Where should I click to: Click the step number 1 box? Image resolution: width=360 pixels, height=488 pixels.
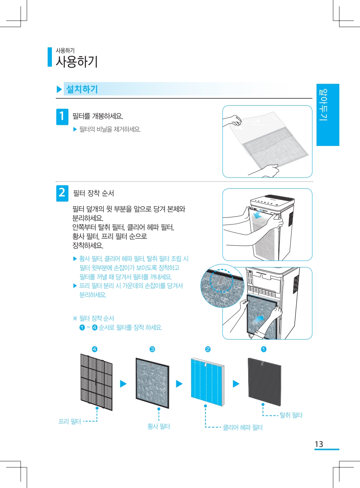[x=62, y=116]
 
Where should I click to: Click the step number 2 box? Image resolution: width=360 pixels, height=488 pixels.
[x=62, y=193]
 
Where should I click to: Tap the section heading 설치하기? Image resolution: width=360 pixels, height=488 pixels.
[x=82, y=89]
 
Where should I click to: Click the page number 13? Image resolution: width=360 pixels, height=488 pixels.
[x=319, y=444]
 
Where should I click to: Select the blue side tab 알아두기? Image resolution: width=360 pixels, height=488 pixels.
[x=328, y=115]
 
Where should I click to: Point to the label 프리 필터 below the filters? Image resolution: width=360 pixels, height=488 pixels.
[x=70, y=421]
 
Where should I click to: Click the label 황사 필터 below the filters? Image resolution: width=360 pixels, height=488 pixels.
[x=158, y=426]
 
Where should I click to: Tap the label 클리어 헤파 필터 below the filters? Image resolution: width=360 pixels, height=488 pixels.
[x=243, y=427]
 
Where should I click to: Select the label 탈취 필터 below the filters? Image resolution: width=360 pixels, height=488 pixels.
[x=291, y=415]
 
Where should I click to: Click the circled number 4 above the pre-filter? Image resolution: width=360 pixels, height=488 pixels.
[x=95, y=349]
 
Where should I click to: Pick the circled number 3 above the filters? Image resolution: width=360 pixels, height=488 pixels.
[x=152, y=349]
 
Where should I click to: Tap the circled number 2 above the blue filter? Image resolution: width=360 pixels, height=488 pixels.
[x=208, y=349]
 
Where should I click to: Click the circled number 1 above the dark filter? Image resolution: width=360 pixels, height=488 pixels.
[x=264, y=349]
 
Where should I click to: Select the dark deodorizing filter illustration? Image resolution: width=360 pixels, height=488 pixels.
[x=264, y=382]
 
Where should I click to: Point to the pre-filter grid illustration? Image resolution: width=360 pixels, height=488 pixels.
[x=96, y=382]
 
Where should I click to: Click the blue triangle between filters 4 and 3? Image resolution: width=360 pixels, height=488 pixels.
[x=123, y=384]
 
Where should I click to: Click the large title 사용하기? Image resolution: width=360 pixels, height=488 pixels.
[x=76, y=62]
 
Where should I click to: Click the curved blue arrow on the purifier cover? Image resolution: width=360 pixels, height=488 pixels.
[x=259, y=214]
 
